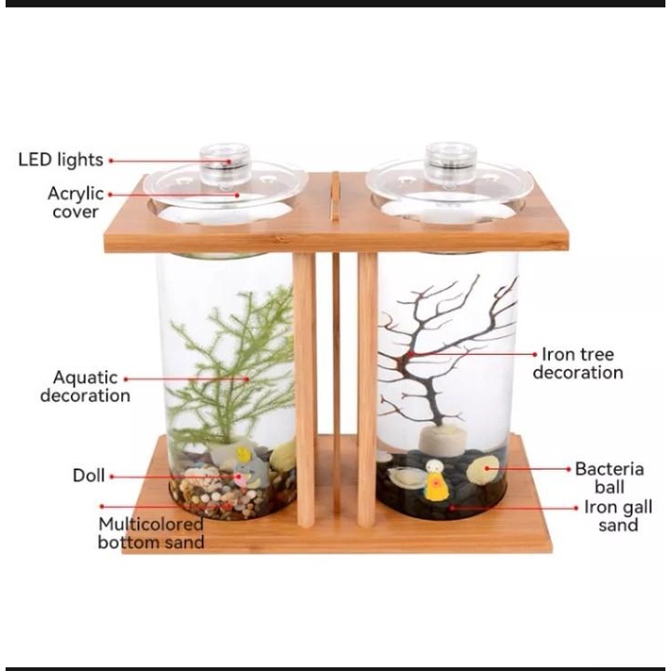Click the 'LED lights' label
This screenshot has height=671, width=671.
click(61, 159)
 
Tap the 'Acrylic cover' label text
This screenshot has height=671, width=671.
click(75, 202)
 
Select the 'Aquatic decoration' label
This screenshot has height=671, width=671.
click(85, 387)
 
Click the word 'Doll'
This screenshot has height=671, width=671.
click(89, 475)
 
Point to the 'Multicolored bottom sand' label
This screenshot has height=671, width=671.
click(151, 533)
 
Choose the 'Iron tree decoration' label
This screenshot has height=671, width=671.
click(578, 363)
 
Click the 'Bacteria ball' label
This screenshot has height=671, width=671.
click(609, 477)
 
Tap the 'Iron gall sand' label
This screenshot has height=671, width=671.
click(619, 515)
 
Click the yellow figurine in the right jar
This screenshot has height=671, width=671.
click(434, 481)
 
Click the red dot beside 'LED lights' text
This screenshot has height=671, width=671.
click(111, 161)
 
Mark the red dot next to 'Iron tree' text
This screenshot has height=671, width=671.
click(535, 354)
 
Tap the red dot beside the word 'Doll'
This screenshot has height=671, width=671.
click(113, 476)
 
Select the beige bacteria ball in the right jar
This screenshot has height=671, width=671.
click(483, 469)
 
